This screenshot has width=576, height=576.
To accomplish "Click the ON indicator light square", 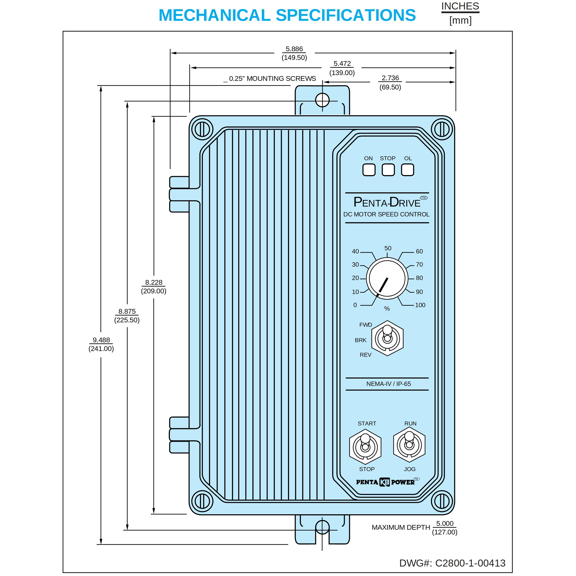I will [x=369, y=170].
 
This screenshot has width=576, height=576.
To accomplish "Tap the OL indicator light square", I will [x=408, y=170].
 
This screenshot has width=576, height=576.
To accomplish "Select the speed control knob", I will [x=387, y=279].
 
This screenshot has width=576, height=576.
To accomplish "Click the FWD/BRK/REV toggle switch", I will [x=387, y=338].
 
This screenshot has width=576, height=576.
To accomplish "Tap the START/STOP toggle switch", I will [x=365, y=447].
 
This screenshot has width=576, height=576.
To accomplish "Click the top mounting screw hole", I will [x=322, y=100].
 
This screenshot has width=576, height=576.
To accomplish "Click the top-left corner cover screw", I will [x=202, y=129].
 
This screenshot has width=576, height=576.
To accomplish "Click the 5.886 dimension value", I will [x=294, y=49].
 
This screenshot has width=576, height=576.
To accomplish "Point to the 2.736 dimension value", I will [x=390, y=78].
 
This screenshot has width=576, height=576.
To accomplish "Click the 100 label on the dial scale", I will [x=420, y=305].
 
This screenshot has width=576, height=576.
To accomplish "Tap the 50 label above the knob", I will [x=388, y=248].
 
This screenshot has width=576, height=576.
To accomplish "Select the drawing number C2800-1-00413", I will [x=470, y=563].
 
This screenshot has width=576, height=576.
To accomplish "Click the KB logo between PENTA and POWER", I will [x=384, y=482].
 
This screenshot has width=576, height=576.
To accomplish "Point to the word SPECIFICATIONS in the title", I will [x=346, y=15].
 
